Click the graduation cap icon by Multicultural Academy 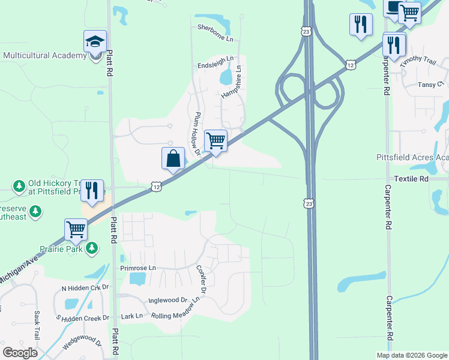[95, 42]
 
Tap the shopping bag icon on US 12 [173, 159]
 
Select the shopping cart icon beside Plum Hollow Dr [215, 141]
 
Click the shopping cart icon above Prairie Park [76, 229]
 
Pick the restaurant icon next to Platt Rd [92, 191]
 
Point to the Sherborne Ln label [215, 28]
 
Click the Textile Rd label [411, 179]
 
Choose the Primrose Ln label [137, 268]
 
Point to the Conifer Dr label [201, 280]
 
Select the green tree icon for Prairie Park [92, 247]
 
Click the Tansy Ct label [430, 85]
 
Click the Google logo [20, 352]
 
